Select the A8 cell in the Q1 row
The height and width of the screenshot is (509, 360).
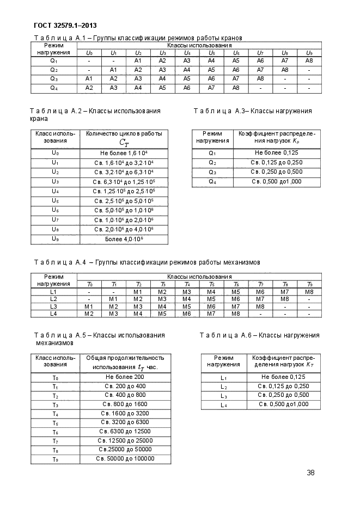pyautogui.click(x=309, y=60)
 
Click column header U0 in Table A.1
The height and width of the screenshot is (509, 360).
pyautogui.click(x=89, y=52)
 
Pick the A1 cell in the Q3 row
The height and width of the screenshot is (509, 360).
pyautogui.click(x=89, y=78)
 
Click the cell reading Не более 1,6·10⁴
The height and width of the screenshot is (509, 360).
pyautogui.click(x=124, y=154)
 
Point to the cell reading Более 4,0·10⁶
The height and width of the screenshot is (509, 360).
pyautogui.click(x=124, y=238)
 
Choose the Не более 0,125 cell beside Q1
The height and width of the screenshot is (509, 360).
pyautogui.click(x=276, y=154)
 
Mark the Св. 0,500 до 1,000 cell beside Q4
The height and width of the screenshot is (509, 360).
pyautogui.click(x=276, y=181)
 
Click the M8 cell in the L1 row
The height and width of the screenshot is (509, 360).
pyautogui.click(x=309, y=292)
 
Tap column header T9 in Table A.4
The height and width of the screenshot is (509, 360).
pyautogui.click(x=309, y=284)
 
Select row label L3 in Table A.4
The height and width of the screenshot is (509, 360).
pyautogui.click(x=53, y=306)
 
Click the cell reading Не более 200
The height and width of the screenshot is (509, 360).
pyautogui.click(x=125, y=377)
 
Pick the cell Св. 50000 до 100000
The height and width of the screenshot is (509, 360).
pyautogui.click(x=125, y=458)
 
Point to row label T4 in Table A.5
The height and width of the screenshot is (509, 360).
pyautogui.click(x=55, y=414)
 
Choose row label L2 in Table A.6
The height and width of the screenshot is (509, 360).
pyautogui.click(x=223, y=386)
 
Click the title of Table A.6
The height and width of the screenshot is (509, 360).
pyautogui.click(x=259, y=335)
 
